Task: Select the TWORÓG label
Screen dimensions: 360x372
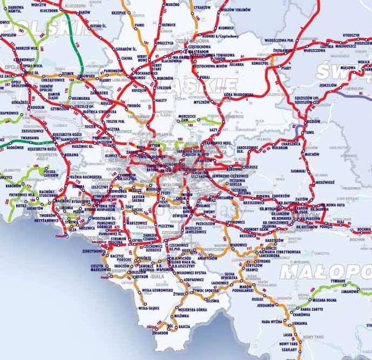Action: pos(133,106)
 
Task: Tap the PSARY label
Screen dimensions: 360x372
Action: pos(287,69)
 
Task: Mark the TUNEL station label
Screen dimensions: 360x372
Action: pos(310,132)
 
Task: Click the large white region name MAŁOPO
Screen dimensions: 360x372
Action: pos(330,269)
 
